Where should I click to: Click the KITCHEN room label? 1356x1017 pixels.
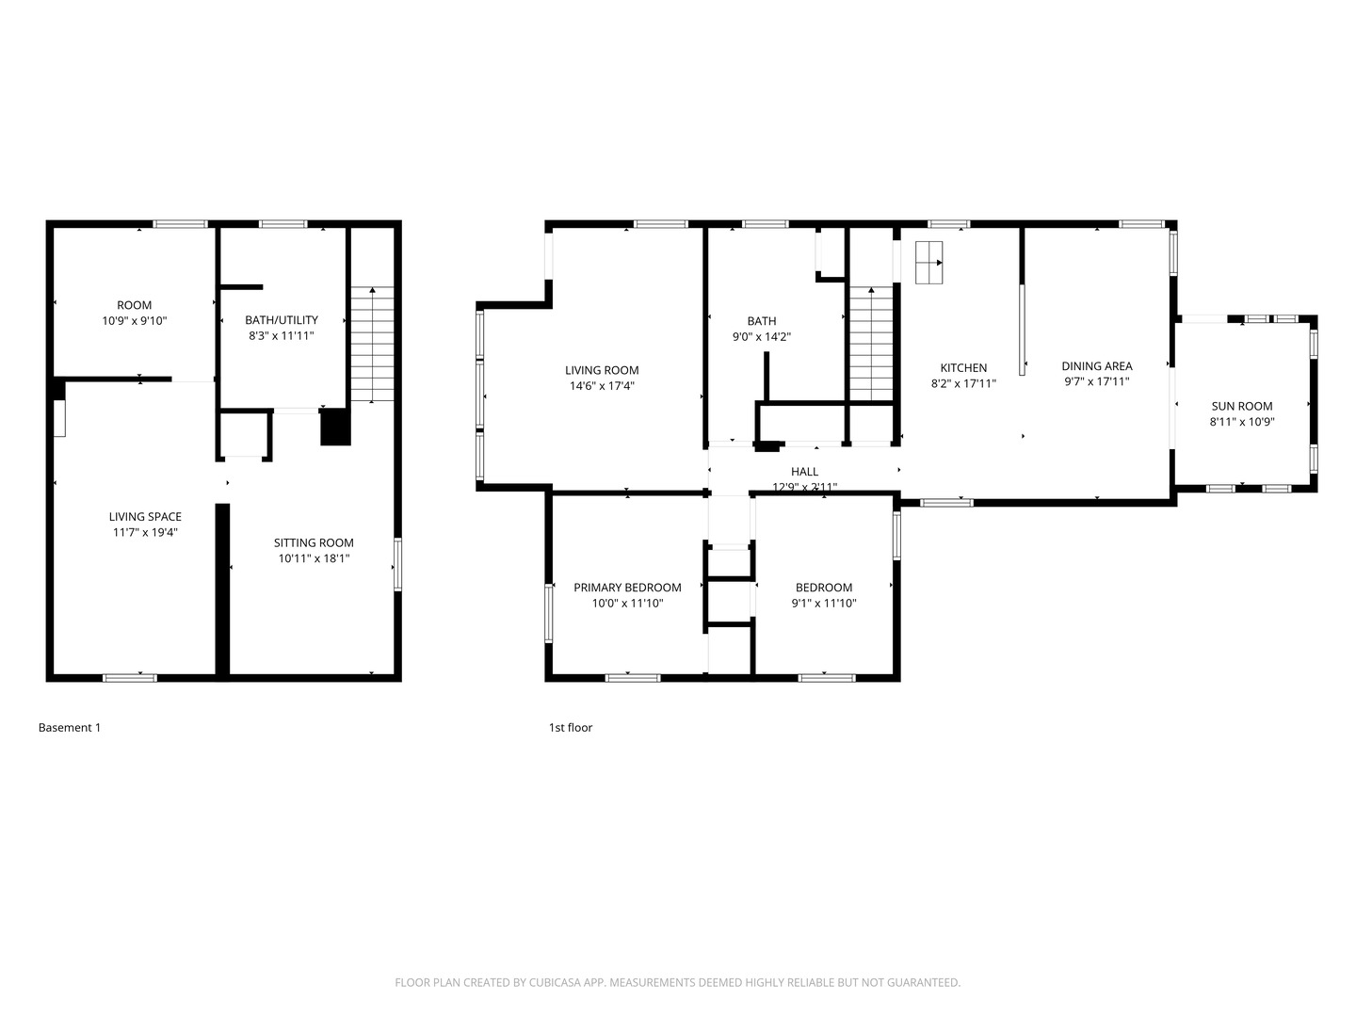coord(963,368)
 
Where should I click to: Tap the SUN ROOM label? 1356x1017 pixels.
coord(1241,407)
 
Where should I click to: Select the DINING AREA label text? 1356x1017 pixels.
coord(1096,366)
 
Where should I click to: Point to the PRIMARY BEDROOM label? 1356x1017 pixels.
coord(627,588)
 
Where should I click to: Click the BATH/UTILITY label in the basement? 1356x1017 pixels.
coord(281,320)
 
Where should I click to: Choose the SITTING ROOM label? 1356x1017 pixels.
coord(314,543)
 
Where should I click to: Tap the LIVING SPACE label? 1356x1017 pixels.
coord(145,517)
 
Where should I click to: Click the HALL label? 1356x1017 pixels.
coord(804,472)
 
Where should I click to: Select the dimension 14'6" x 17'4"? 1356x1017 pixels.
coord(602,386)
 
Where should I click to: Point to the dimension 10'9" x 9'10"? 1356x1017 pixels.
coord(135,321)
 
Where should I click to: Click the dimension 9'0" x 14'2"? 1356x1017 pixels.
coord(761,337)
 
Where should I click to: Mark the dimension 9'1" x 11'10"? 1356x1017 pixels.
coord(823,604)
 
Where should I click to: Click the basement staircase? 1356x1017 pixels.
coord(373,345)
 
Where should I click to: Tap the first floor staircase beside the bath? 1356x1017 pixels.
coord(871,345)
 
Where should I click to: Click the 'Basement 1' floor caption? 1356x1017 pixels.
coord(69,728)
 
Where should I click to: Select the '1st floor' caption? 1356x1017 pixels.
coord(571,728)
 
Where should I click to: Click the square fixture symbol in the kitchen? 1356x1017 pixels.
coord(928,263)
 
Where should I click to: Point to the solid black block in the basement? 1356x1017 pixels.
coord(335,428)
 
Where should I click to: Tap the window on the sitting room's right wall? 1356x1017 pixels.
coord(397,564)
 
